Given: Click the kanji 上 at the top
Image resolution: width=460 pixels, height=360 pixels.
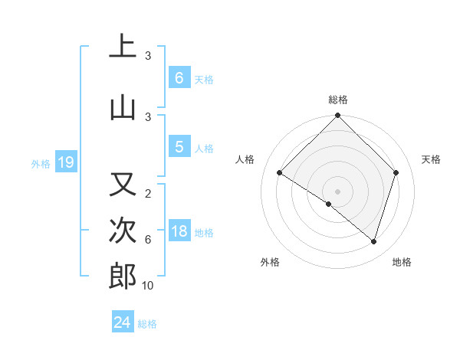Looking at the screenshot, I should [x=122, y=46].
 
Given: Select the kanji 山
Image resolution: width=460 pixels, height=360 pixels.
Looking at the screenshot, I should [x=122, y=106].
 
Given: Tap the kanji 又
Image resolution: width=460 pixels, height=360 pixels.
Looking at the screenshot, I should [x=122, y=185].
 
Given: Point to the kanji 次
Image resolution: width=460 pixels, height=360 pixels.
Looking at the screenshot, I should [x=122, y=230].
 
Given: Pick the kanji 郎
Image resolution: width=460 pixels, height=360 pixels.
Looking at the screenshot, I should [x=122, y=277].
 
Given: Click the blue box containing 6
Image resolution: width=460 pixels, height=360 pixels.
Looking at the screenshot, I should [x=179, y=78].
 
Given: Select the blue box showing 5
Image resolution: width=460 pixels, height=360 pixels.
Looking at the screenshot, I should [x=179, y=147].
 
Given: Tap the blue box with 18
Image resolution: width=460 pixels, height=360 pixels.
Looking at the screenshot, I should [x=179, y=232].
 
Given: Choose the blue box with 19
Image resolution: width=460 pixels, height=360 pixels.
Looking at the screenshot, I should [x=65, y=162].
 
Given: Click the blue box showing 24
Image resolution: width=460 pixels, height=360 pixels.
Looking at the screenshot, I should [x=122, y=322].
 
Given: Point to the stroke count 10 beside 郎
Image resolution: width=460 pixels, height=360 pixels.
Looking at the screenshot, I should [x=147, y=286].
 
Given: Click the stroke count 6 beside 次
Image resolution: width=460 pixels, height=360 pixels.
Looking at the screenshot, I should [x=147, y=240].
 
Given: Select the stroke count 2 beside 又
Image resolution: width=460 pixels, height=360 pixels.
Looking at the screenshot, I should [x=147, y=194].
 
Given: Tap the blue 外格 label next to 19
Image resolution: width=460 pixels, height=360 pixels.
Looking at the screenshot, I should [x=41, y=163].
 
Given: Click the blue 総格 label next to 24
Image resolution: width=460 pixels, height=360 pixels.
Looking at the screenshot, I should [x=147, y=324].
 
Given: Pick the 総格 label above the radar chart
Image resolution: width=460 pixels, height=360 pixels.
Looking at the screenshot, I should [x=337, y=100].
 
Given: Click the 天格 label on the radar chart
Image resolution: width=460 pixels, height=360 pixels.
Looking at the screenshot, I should [x=431, y=159].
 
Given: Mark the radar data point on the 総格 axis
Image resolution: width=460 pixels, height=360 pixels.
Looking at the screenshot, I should [x=337, y=116].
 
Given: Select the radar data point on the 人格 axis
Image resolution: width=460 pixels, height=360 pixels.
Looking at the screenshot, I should [x=280, y=173].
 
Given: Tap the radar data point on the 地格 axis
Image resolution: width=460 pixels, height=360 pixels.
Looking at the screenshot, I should [x=373, y=241].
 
